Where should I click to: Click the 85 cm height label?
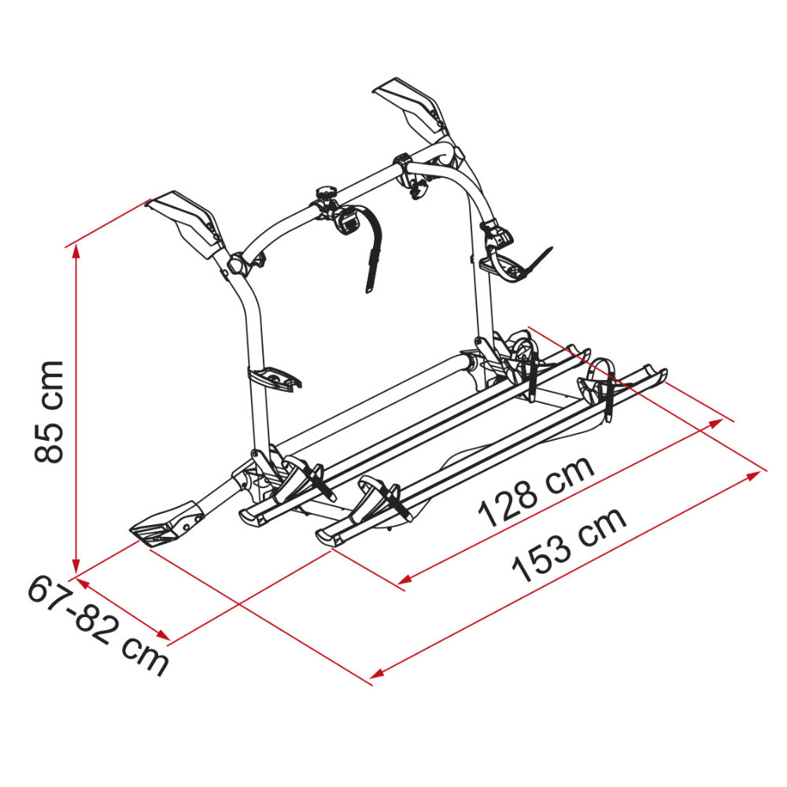tap(49, 412)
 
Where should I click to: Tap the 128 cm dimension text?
tap(536, 492)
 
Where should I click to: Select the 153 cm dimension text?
tap(569, 545)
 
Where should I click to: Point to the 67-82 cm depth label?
tap(98, 626)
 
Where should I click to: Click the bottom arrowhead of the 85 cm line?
tap(76, 565)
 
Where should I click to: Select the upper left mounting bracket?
tap(187, 223)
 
